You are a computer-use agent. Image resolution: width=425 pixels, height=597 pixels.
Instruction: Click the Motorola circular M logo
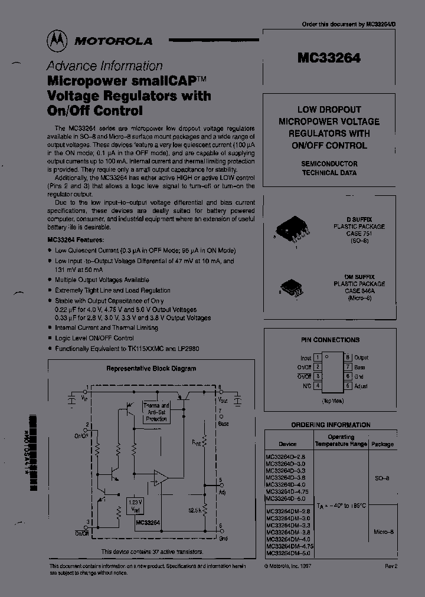[58, 40]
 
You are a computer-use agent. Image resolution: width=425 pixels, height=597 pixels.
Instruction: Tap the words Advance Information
[104, 66]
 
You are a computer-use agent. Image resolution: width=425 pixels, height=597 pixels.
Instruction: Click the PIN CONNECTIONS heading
[330, 340]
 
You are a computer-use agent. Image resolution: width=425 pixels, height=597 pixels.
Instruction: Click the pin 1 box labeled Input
[317, 357]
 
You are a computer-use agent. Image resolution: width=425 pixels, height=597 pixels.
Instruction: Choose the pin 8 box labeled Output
[348, 357]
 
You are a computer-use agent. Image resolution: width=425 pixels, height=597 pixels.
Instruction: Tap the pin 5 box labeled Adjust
[348, 386]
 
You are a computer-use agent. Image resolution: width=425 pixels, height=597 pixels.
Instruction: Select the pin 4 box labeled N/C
[317, 386]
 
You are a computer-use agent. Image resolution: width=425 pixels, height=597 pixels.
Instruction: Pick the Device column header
[287, 444]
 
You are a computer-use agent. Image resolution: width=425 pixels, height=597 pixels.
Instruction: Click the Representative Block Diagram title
[151, 368]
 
